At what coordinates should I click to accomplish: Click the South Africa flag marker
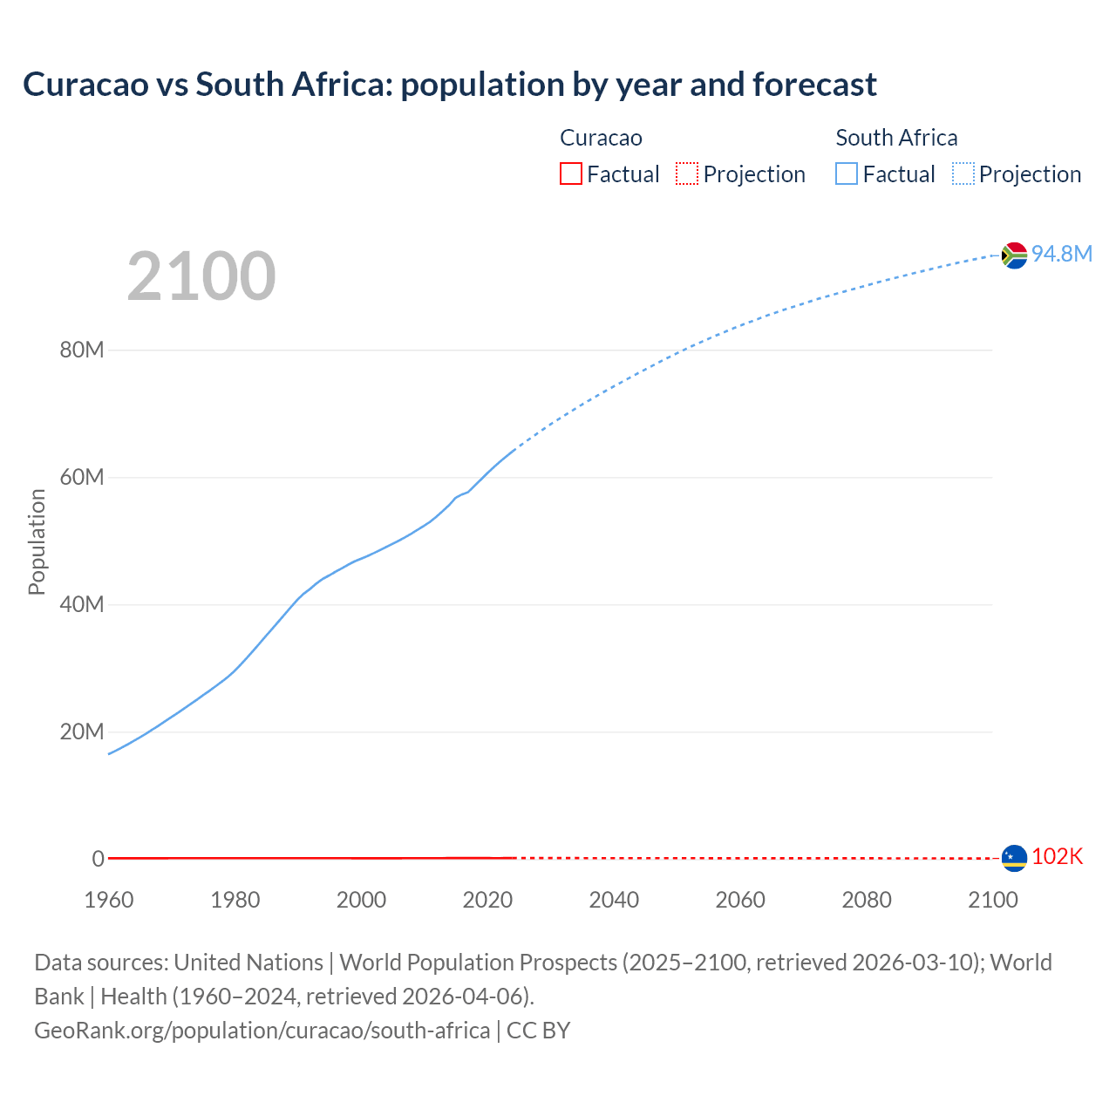pyautogui.click(x=1014, y=255)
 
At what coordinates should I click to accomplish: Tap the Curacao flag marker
pyautogui.click(x=1014, y=858)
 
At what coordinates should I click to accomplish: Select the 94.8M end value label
pyautogui.click(x=1061, y=254)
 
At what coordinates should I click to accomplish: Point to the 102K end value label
pyautogui.click(x=1057, y=857)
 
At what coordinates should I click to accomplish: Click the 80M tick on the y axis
pyautogui.click(x=82, y=350)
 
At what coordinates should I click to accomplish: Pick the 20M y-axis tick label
pyautogui.click(x=82, y=732)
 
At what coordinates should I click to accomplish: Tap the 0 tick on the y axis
pyautogui.click(x=98, y=859)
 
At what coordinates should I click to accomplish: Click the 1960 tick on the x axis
pyautogui.click(x=109, y=900)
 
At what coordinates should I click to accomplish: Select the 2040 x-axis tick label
pyautogui.click(x=614, y=900)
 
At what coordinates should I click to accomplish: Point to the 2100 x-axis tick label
pyautogui.click(x=992, y=900)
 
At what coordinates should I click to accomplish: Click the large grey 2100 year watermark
pyautogui.click(x=201, y=276)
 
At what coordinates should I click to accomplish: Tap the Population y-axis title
pyautogui.click(x=37, y=541)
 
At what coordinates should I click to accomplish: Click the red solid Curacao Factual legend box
pyautogui.click(x=570, y=174)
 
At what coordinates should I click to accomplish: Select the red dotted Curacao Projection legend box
pyautogui.click(x=687, y=174)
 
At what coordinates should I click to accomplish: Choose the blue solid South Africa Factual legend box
pyautogui.click(x=847, y=174)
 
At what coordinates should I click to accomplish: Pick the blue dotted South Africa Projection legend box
pyautogui.click(x=963, y=174)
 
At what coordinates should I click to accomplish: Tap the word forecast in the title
pyautogui.click(x=814, y=85)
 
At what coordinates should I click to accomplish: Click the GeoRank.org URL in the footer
pyautogui.click(x=262, y=1031)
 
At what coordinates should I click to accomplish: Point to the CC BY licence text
pyautogui.click(x=538, y=1031)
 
